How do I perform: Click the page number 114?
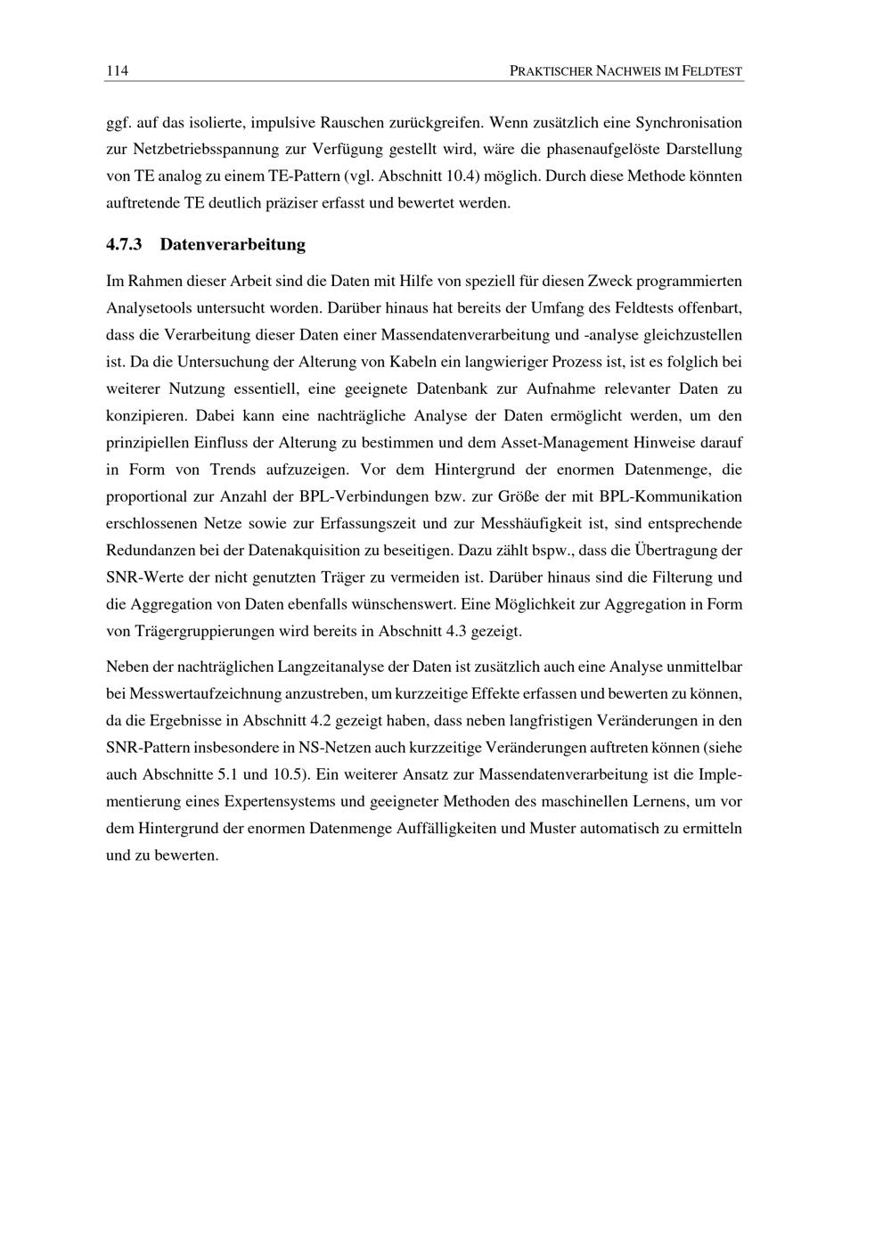click(x=117, y=70)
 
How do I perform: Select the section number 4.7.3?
click(x=125, y=244)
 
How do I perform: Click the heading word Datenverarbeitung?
click(x=233, y=244)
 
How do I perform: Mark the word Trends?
click(x=233, y=469)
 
